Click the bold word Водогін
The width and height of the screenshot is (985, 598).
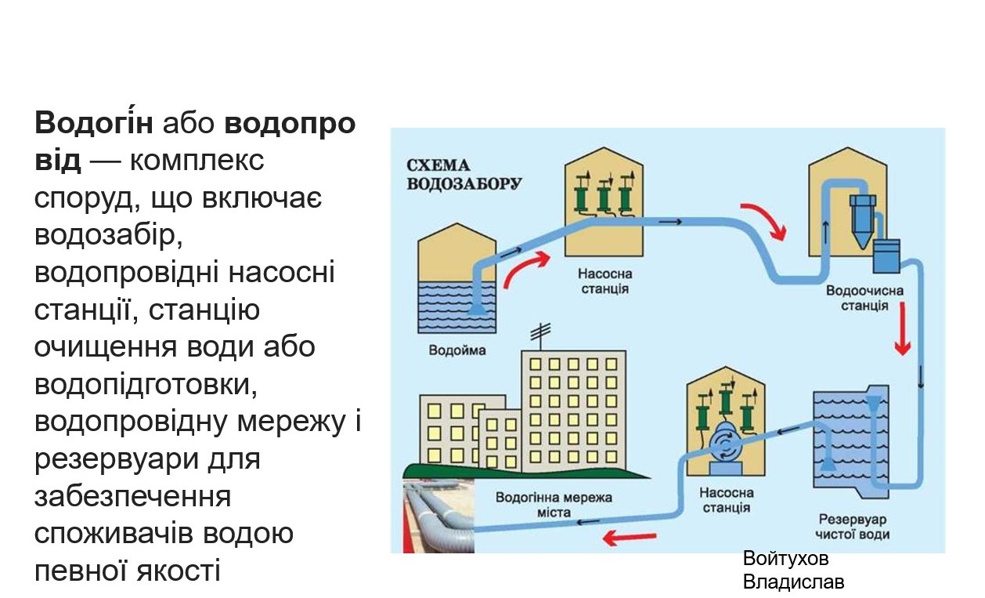[x=97, y=123]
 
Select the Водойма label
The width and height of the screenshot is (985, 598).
[x=456, y=350]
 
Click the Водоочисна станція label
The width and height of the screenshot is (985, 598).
[x=864, y=298]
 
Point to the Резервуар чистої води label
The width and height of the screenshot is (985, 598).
[x=853, y=527]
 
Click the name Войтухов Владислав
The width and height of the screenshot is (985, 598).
[x=792, y=571]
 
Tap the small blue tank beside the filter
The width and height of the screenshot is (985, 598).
[x=888, y=256]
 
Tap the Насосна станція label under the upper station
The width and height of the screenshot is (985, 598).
[x=604, y=281]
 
